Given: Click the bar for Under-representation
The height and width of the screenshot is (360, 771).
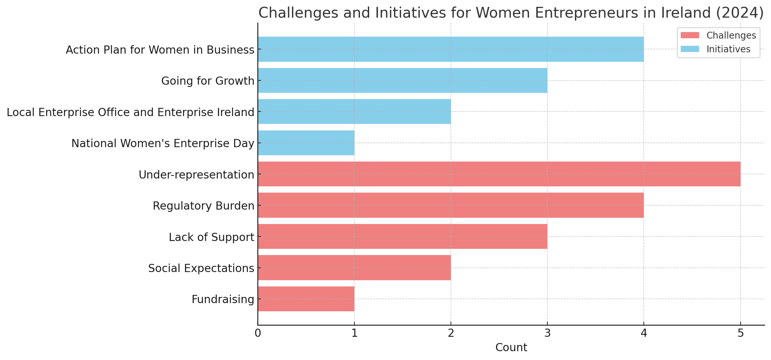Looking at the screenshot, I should click(x=499, y=174).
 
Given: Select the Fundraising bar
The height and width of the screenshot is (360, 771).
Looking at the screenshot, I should click(x=306, y=299).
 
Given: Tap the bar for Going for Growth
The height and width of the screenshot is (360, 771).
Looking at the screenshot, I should click(x=403, y=80).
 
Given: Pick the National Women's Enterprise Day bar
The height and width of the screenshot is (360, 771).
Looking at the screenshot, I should click(x=306, y=143).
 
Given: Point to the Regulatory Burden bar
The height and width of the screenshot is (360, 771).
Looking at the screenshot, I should click(x=451, y=205).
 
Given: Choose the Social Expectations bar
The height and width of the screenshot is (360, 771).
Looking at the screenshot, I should click(x=354, y=268).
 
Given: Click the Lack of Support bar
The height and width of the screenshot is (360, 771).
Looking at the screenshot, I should click(x=403, y=236).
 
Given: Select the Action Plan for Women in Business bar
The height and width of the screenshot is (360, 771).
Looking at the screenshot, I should click(x=451, y=49).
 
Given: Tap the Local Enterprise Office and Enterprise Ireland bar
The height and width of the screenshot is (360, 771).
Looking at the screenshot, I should click(x=354, y=111).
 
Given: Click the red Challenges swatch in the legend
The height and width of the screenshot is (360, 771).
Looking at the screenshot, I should click(x=690, y=35).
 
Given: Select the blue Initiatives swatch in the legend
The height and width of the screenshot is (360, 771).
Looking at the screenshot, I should click(x=690, y=49).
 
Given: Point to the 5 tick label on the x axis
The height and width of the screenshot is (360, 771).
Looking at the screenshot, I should click(x=741, y=334).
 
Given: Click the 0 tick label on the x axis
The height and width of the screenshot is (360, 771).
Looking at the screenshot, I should click(x=258, y=334).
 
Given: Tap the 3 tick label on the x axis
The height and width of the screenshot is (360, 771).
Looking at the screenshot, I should click(x=547, y=334).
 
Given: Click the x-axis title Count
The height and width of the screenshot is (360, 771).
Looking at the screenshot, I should click(x=511, y=348).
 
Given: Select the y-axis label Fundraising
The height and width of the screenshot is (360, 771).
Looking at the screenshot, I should click(x=223, y=299).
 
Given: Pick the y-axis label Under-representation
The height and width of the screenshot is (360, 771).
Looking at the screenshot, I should click(x=196, y=175).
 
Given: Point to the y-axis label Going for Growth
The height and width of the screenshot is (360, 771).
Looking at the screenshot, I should click(x=208, y=81).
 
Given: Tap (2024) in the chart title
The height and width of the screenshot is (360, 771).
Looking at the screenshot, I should click(x=740, y=13).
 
